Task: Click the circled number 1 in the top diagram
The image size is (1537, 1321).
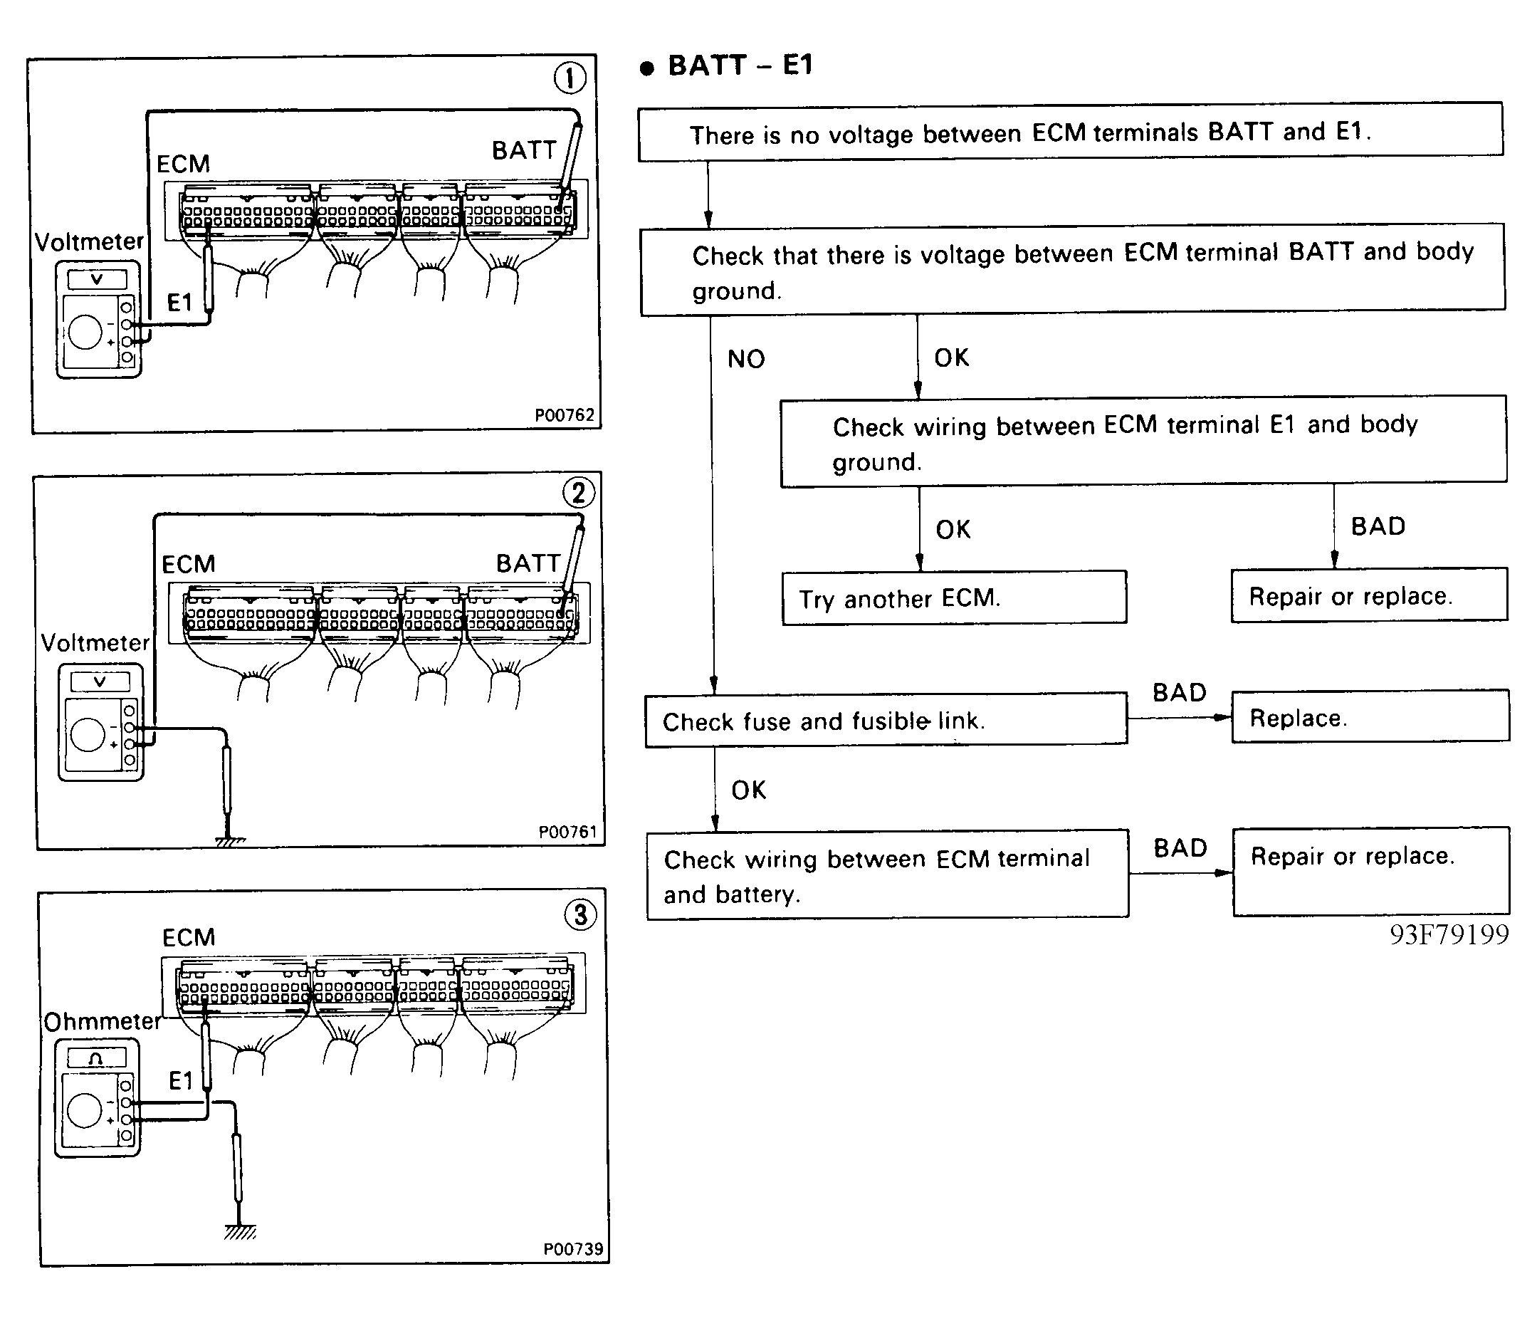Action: click(x=570, y=78)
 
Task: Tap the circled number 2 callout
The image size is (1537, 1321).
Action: click(x=579, y=492)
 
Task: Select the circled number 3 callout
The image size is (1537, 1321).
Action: click(x=581, y=914)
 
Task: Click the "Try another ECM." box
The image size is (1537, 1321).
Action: click(x=954, y=597)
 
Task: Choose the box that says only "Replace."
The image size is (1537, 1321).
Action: click(x=1370, y=716)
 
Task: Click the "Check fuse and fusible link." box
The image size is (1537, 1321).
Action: click(x=886, y=720)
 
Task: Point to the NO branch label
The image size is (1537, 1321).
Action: click(x=745, y=359)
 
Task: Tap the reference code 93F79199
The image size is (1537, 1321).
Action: click(x=1449, y=934)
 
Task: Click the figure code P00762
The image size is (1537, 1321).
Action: click(x=565, y=415)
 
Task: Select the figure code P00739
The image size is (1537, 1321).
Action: click(x=573, y=1249)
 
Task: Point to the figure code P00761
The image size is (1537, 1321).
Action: click(x=567, y=832)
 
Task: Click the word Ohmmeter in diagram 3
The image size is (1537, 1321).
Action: click(x=103, y=1021)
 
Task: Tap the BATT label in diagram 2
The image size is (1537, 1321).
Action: click(x=528, y=563)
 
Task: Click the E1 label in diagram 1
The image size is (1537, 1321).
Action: click(x=179, y=302)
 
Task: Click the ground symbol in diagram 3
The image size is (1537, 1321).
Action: click(x=240, y=1233)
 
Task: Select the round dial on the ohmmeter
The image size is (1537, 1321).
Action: click(x=84, y=1111)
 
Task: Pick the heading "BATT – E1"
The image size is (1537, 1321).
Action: click(x=740, y=66)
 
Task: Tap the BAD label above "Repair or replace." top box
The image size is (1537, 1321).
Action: click(x=1378, y=526)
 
